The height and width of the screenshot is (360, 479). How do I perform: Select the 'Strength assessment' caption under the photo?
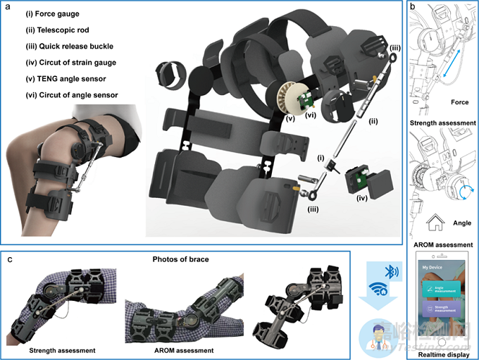[x=61, y=349]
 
